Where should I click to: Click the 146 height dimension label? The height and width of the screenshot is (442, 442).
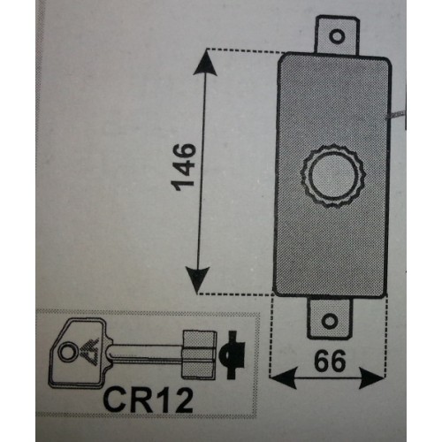(x=184, y=166)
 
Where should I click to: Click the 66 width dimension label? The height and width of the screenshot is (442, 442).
(x=330, y=361)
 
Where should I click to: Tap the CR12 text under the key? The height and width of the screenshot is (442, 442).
(x=149, y=400)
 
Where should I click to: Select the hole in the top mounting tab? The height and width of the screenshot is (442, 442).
(x=337, y=36)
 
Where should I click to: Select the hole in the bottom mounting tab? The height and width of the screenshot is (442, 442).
(x=330, y=321)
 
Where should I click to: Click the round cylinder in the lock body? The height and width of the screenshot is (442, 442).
(x=333, y=176)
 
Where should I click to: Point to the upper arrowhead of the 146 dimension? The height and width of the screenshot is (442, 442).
(x=205, y=65)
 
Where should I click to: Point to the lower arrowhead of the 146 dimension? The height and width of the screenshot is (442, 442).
(x=198, y=280)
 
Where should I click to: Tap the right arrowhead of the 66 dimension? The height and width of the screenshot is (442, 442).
(x=372, y=378)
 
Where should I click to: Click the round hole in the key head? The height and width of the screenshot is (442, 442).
(x=67, y=351)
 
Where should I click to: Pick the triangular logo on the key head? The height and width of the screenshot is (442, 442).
(x=88, y=351)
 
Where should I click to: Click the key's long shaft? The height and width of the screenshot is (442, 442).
(x=146, y=353)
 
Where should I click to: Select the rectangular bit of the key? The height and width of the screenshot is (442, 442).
(x=200, y=354)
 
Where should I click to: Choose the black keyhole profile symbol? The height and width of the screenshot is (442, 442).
(x=232, y=354)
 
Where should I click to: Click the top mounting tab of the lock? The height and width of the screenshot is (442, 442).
(x=338, y=34)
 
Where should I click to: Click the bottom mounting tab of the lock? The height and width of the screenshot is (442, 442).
(x=330, y=319)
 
